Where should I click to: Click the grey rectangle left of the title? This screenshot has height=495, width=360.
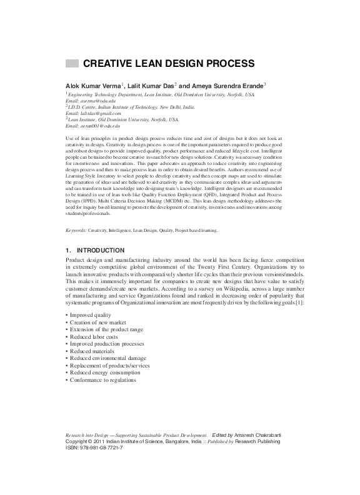[x=72, y=63]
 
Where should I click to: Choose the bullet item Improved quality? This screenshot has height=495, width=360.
[x=91, y=297]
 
